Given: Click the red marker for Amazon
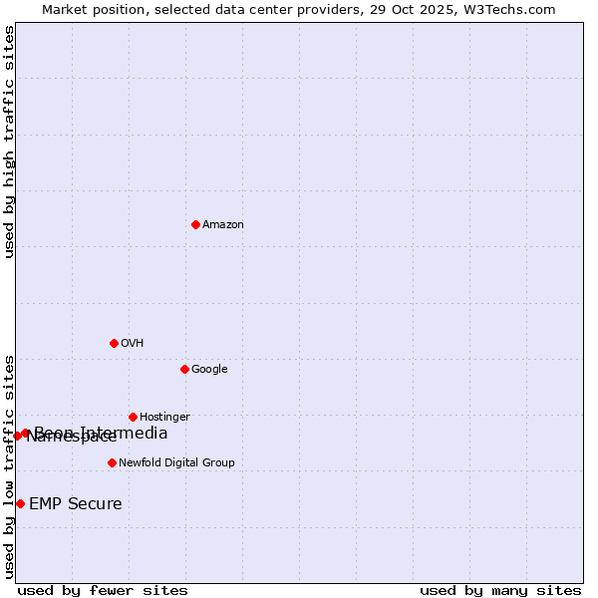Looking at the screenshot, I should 195,224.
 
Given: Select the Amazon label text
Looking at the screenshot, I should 223,225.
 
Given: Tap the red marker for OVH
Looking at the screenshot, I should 114,343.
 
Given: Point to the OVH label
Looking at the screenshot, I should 133,344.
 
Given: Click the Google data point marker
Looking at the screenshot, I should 184,369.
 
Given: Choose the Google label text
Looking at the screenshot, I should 209,370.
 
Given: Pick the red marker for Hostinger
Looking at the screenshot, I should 133,417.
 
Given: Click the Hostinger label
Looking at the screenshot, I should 164,418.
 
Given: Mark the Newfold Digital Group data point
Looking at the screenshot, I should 112,462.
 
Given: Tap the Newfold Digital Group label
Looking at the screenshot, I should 176,463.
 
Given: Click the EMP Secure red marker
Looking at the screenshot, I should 20,503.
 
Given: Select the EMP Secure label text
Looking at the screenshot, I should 76,504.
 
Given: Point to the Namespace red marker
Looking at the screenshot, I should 17,436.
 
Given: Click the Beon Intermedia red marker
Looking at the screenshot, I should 26,433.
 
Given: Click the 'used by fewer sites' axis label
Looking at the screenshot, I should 103,591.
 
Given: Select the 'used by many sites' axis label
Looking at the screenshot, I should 500,591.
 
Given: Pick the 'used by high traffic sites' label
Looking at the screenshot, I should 9,142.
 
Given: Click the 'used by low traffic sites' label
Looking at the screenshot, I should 9,465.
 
